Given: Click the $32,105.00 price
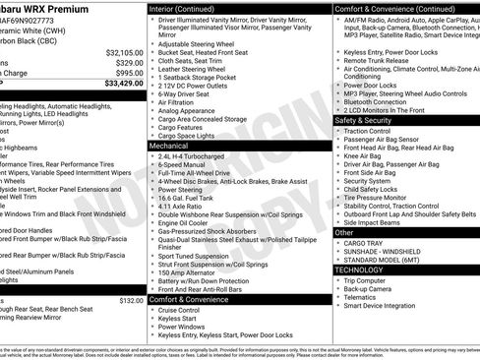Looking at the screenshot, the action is (x=123, y=51).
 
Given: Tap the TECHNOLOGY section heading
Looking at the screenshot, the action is (x=359, y=268).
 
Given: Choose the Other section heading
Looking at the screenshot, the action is (x=344, y=232).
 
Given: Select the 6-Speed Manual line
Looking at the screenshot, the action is (x=182, y=164).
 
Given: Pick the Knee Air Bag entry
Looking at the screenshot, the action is (x=363, y=155).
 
